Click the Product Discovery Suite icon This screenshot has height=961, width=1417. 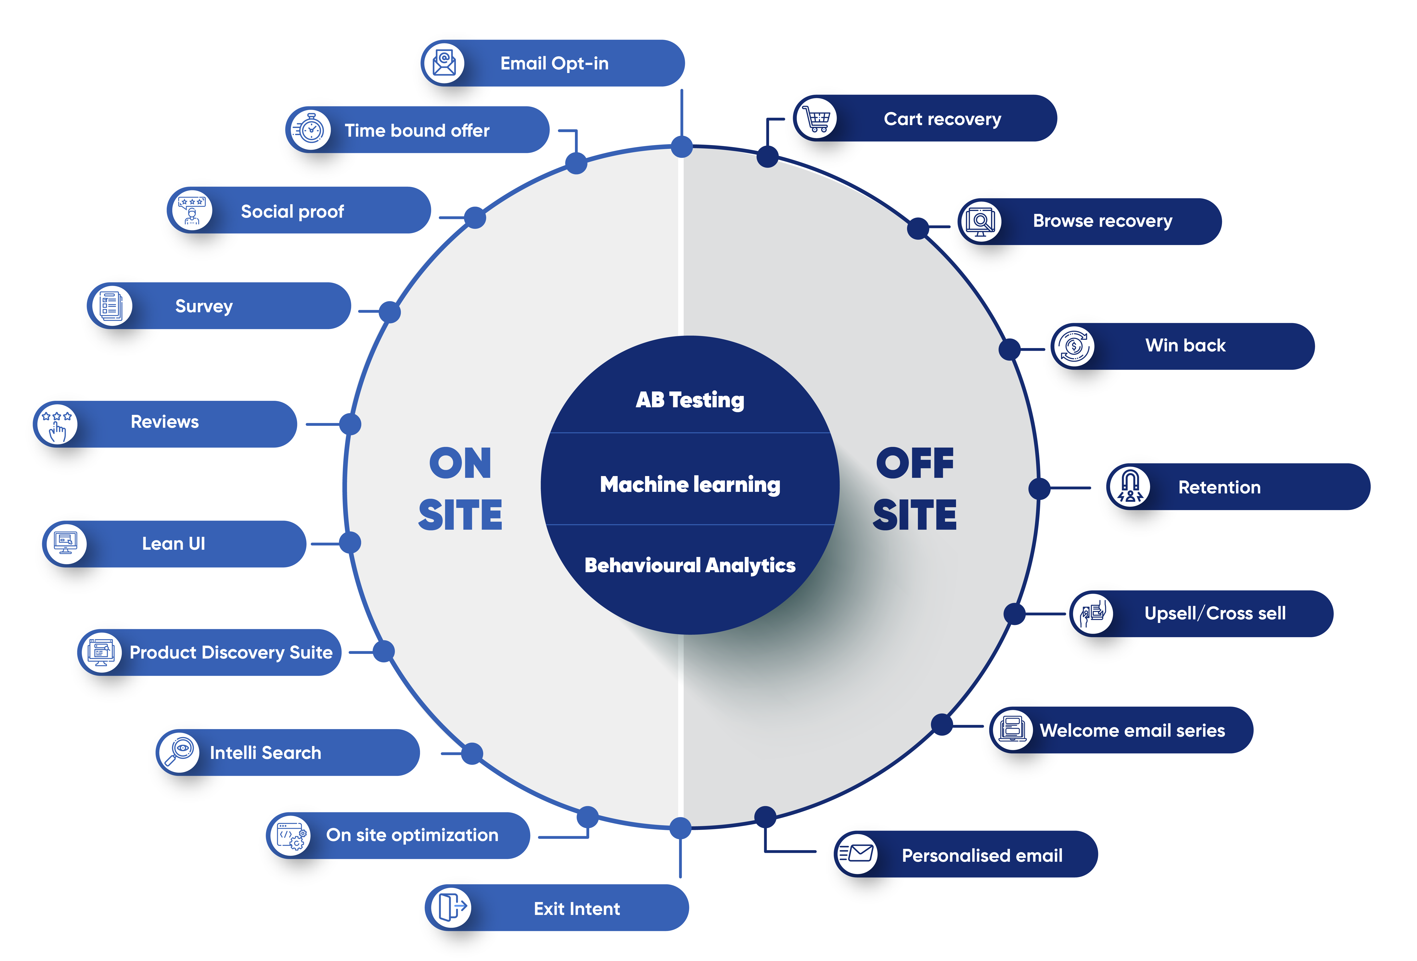click(x=101, y=652)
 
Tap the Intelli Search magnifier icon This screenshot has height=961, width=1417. click(x=179, y=752)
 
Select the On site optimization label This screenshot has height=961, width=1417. click(x=412, y=835)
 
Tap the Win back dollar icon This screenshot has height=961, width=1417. click(x=1074, y=346)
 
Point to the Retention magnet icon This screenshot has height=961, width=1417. click(x=1130, y=487)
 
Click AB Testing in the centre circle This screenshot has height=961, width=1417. click(x=690, y=400)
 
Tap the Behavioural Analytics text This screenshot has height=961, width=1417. click(x=690, y=565)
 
